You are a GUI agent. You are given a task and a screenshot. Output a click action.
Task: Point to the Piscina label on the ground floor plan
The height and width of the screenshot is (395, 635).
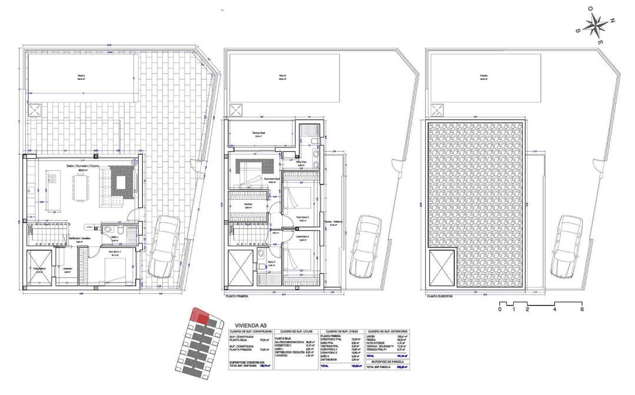[x=81, y=75]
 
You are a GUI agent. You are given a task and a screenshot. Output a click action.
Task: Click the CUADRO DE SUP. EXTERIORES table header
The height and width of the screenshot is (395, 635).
[x=387, y=332]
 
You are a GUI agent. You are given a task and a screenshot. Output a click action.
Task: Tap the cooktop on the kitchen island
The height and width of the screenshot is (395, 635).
[x=50, y=176]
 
